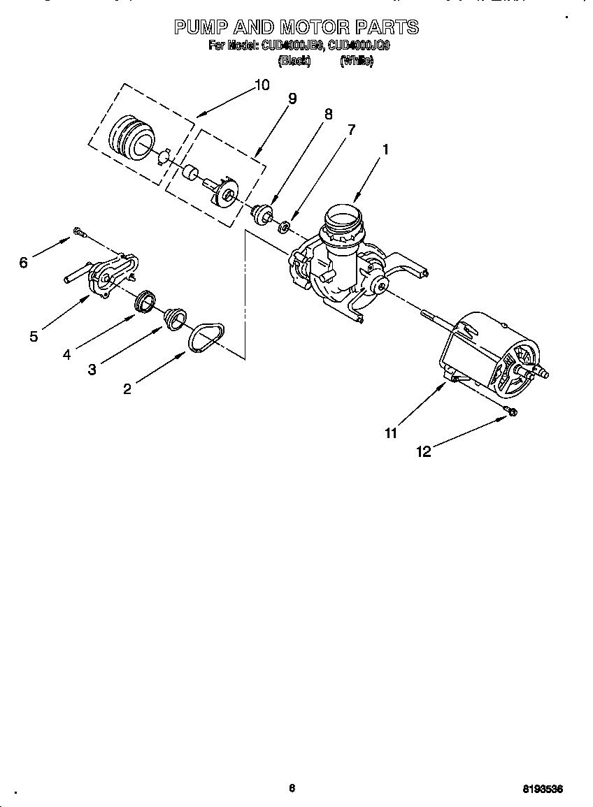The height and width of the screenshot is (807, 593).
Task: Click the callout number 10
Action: click(261, 85)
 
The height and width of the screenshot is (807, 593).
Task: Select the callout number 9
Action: click(292, 99)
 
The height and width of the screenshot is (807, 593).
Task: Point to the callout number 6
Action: click(23, 262)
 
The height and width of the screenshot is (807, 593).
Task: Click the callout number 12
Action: click(424, 451)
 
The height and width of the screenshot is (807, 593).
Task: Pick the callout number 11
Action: click(390, 433)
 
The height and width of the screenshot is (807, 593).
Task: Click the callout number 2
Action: click(127, 389)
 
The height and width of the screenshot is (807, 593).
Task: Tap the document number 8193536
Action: click(543, 789)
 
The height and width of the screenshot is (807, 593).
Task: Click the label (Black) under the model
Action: click(294, 61)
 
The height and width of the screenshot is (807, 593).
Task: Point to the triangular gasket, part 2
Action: click(206, 337)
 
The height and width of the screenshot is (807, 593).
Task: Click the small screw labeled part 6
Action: click(78, 232)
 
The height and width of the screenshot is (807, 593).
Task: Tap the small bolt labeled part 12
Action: click(511, 412)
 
